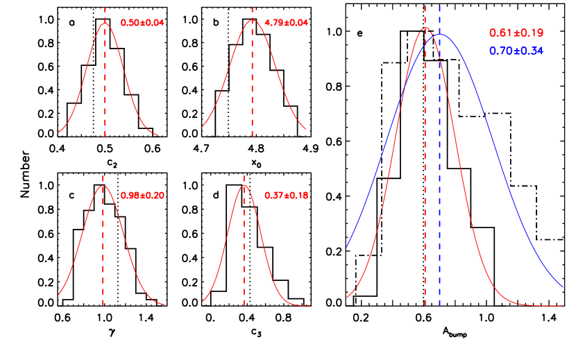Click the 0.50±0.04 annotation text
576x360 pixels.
142,22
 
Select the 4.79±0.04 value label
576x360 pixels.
287,22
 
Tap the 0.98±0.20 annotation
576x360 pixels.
142,196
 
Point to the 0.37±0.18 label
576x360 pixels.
287,196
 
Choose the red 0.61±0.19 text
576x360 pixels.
516,33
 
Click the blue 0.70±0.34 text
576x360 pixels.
516,51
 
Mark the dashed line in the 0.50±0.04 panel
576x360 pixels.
105,83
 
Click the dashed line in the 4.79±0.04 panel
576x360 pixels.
252,83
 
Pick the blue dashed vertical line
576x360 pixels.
439,173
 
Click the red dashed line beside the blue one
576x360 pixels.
425,173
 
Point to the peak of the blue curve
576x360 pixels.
439,35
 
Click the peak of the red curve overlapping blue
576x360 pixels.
425,28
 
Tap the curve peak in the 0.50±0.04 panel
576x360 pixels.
105,23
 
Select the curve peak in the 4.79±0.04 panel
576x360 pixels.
253,20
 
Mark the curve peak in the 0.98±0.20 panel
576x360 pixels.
103,186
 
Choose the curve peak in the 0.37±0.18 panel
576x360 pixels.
244,185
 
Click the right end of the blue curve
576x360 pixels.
562,286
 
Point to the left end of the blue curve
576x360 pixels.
347,247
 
